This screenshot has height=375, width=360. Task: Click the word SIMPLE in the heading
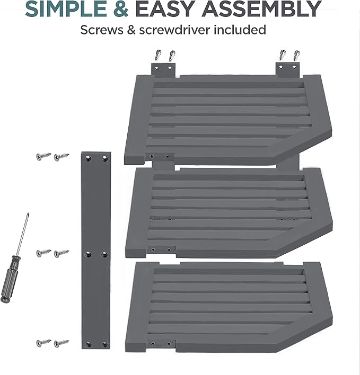[x=66, y=8]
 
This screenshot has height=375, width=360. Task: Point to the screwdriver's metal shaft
[x=22, y=234]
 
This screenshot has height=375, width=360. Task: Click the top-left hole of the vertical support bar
[x=88, y=158]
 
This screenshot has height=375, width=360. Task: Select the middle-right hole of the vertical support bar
[x=104, y=254]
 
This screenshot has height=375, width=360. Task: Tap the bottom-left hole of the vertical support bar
[x=89, y=345]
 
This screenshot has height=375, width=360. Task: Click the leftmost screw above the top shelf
[x=158, y=55]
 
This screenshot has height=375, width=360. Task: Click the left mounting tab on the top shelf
[x=163, y=70]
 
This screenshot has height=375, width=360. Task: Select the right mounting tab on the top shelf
[x=287, y=70]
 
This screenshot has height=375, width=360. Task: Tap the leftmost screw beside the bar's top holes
[x=43, y=156]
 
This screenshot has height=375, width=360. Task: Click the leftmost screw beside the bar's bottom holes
[x=43, y=343]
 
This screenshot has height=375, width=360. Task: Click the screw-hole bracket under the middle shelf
[x=161, y=249]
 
